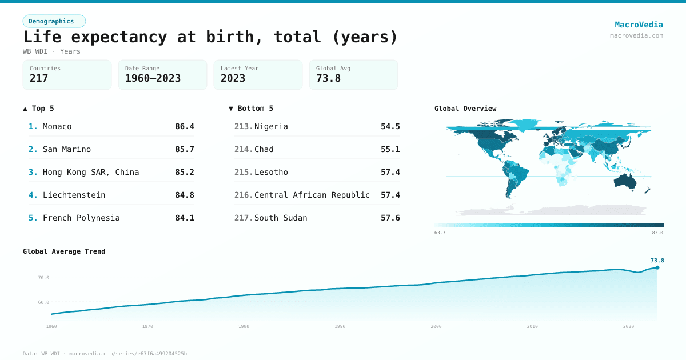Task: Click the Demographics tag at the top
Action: pos(54,21)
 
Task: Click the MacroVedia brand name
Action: pos(639,25)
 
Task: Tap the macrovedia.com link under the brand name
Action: pos(636,35)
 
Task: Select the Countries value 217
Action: pos(39,78)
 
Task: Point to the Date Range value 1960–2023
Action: pos(153,78)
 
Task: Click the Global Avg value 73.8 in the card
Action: pos(328,78)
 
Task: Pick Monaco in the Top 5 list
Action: pos(57,126)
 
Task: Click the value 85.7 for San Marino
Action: pos(185,149)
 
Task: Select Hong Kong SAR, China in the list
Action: pos(91,172)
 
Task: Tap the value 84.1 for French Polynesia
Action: pos(185,218)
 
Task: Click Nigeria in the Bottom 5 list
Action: pos(271,126)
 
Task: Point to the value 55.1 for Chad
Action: pos(390,149)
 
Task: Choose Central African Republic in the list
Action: pos(312,195)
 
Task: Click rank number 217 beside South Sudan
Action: pos(243,218)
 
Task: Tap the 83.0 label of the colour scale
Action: pos(657,233)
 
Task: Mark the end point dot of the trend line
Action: pos(657,267)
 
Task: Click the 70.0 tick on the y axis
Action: pos(43,278)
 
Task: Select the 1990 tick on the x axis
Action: pos(340,326)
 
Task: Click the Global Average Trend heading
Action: pos(64,251)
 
